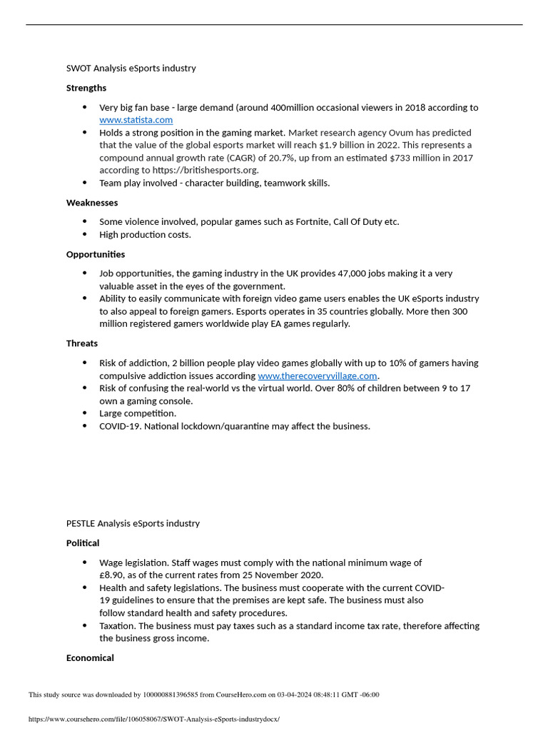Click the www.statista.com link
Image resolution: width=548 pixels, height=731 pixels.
point(136,120)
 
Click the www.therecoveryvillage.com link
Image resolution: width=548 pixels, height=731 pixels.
point(317,375)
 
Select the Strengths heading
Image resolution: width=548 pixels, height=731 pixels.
point(86,88)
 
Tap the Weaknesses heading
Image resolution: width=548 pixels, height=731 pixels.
point(92,203)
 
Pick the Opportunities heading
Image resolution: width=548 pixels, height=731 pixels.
point(96,254)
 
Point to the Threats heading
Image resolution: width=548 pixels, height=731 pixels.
point(82,343)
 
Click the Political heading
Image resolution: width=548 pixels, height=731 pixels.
point(83,543)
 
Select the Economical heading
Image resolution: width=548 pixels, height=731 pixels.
point(90,658)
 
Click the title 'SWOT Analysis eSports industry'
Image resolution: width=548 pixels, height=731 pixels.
point(131,69)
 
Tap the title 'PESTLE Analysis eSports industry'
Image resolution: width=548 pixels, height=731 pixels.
point(133,523)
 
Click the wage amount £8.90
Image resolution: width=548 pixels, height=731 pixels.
point(111,575)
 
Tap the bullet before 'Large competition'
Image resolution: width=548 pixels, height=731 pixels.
point(84,413)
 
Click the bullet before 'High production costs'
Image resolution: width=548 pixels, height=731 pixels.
point(84,234)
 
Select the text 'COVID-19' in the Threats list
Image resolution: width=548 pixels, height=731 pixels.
point(118,426)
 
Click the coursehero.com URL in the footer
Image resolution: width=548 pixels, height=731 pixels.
point(154,719)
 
